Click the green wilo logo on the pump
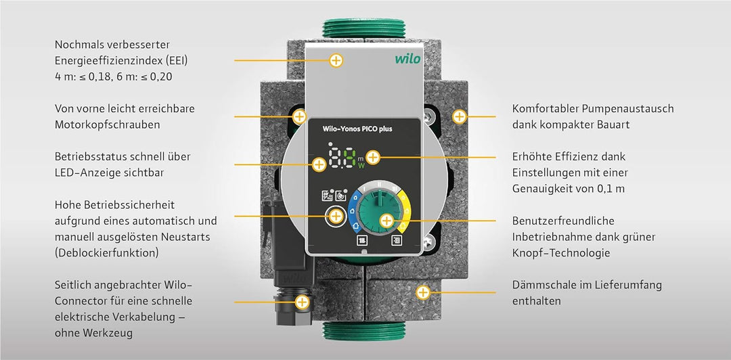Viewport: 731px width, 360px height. pyautogui.click(x=407, y=59)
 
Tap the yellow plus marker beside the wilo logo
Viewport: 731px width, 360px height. pyautogui.click(x=336, y=60)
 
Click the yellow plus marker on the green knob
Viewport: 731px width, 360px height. pyautogui.click(x=386, y=220)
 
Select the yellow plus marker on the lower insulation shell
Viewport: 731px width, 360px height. pyautogui.click(x=423, y=293)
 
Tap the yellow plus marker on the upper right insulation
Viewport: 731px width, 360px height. pyautogui.click(x=460, y=116)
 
